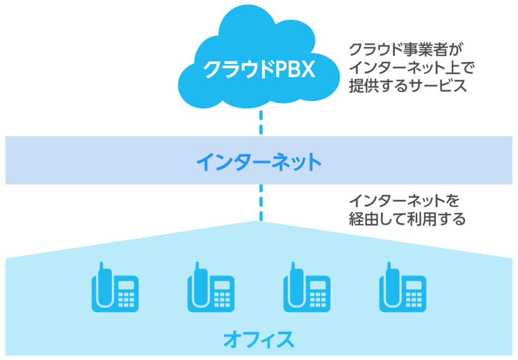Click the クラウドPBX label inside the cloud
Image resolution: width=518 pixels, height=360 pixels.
258,70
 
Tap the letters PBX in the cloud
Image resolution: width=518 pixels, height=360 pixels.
295,70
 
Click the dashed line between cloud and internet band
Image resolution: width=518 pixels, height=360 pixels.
261,121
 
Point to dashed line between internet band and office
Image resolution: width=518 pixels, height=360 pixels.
261,202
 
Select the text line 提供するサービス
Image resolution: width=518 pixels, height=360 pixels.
407,85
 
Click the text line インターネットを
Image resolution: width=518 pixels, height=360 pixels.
404,202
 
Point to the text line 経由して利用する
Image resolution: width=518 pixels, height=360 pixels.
407,219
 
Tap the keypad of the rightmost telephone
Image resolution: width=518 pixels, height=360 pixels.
414,299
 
